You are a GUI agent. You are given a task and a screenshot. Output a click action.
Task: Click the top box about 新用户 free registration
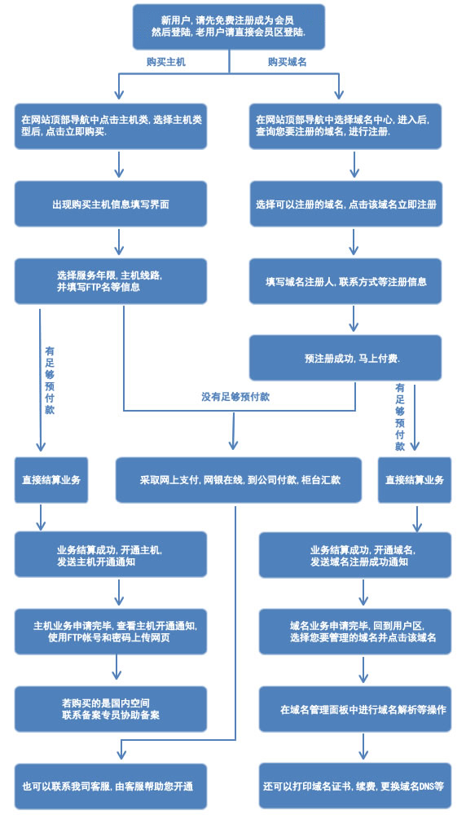(229, 27)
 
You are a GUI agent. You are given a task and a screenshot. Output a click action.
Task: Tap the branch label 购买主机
(165, 62)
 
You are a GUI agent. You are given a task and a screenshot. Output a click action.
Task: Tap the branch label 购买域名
(288, 62)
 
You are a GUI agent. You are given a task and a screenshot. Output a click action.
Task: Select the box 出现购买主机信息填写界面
(111, 204)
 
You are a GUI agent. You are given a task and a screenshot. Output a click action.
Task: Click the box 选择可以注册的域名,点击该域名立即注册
(346, 204)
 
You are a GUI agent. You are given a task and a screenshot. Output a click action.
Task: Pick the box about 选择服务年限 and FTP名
(111, 281)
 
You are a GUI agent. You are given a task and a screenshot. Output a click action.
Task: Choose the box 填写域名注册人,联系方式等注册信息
(345, 281)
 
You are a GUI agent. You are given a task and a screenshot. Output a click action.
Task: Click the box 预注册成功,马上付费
(345, 358)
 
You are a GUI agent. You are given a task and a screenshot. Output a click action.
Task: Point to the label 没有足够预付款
(236, 397)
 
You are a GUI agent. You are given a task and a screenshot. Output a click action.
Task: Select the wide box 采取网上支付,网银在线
(239, 480)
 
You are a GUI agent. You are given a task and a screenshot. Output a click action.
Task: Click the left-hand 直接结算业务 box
(51, 480)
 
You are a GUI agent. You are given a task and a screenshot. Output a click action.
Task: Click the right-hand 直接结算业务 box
(415, 480)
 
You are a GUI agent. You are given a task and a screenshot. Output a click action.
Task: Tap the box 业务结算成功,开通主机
(111, 554)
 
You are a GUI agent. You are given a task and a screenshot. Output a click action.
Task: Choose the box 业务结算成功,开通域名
(355, 555)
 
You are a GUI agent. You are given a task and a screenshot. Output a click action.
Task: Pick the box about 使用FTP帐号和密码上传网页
(111, 632)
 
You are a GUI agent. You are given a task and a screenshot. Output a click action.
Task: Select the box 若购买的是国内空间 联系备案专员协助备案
(111, 709)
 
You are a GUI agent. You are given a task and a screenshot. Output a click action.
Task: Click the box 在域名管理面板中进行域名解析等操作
(355, 709)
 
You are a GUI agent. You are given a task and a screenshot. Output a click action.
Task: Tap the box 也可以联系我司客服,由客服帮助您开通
(111, 786)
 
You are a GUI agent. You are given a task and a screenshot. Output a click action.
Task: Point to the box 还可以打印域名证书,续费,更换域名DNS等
(355, 786)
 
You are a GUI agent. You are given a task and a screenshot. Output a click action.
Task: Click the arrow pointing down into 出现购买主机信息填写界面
(119, 165)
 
